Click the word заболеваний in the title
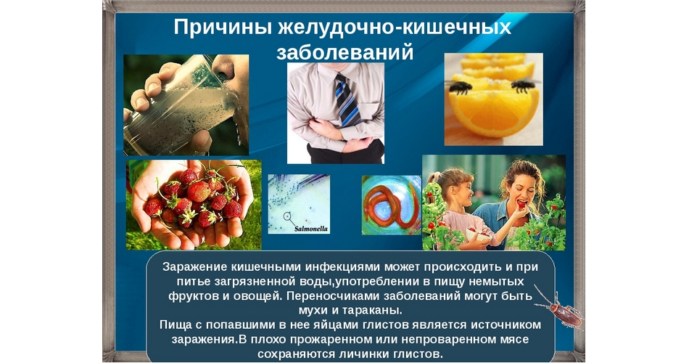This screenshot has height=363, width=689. [x=345, y=52]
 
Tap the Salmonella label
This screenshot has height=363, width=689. [x=310, y=229]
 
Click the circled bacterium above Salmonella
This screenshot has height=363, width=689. [x=287, y=216]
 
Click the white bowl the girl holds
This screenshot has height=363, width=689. [x=476, y=236]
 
